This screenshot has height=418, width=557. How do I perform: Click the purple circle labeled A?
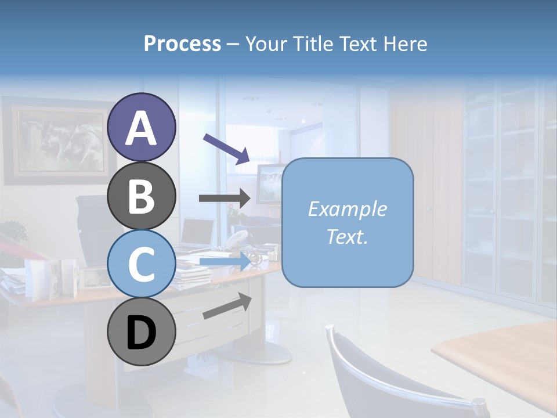pos(141,127)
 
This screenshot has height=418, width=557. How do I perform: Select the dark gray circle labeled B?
pos(141,196)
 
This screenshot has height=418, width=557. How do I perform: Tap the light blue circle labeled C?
pos(141,264)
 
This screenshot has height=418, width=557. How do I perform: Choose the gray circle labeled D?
pos(141,331)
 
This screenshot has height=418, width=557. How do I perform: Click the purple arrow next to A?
pos(226,148)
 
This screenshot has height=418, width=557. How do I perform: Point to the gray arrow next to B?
pos(225,198)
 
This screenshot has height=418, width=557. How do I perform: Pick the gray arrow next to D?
pos(227,306)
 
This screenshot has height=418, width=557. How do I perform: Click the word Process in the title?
pos(182,44)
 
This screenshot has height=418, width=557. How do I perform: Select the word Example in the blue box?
pos(347,209)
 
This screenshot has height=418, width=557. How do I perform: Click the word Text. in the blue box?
pos(347,236)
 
